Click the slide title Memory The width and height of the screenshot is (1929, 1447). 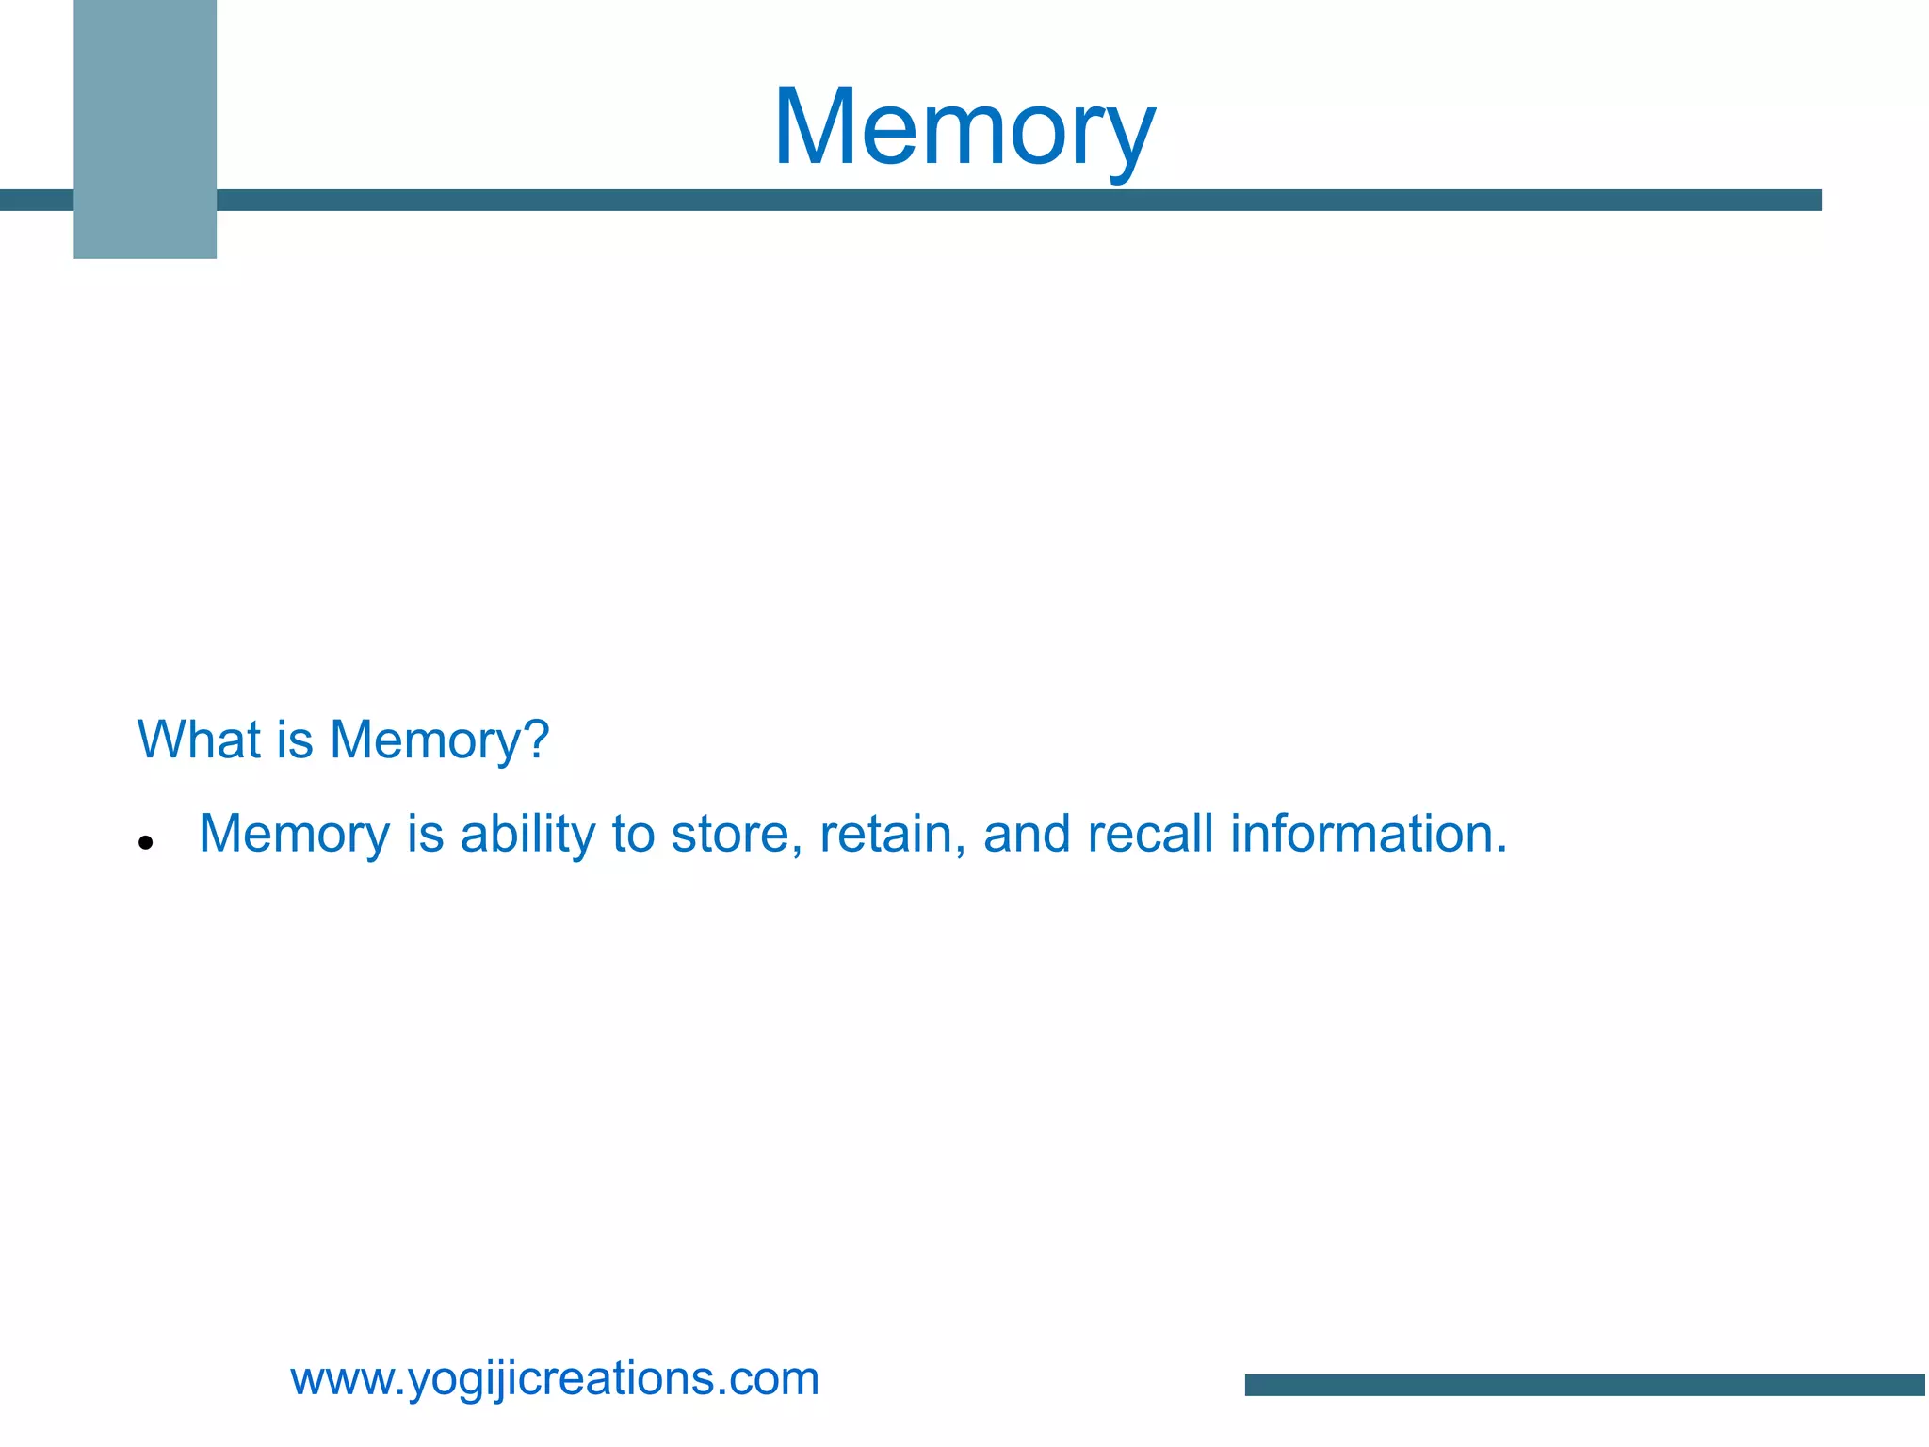point(964,128)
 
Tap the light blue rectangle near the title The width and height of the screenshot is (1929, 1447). point(145,129)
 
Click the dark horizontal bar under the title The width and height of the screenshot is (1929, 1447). point(1017,200)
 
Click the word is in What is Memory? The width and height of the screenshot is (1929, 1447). point(295,740)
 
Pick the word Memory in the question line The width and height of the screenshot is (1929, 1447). point(424,741)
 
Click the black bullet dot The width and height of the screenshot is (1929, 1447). point(145,842)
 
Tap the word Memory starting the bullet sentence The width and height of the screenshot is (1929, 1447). point(294,835)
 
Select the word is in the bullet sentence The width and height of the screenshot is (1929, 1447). point(425,835)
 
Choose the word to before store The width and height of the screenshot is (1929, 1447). point(633,835)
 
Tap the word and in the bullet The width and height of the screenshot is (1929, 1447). point(1027,835)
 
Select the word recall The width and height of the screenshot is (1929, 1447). point(1150,835)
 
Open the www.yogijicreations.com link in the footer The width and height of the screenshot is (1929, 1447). point(555,1378)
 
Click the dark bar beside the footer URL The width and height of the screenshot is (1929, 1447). point(1584,1384)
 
